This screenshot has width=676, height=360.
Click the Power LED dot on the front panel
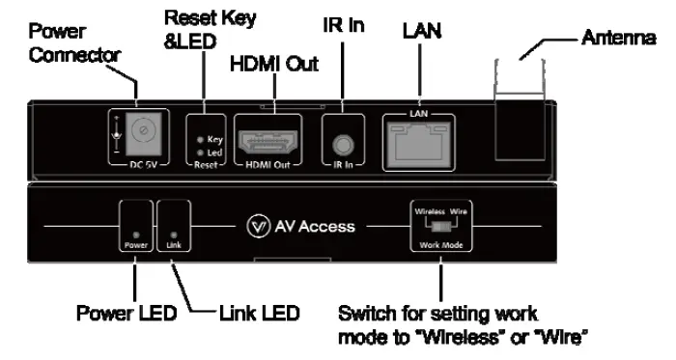point(136,234)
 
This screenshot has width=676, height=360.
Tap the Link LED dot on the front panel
point(173,234)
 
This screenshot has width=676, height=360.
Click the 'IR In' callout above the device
point(343,25)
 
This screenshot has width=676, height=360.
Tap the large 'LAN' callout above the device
point(421,32)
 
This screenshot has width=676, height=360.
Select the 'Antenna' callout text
point(618,38)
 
